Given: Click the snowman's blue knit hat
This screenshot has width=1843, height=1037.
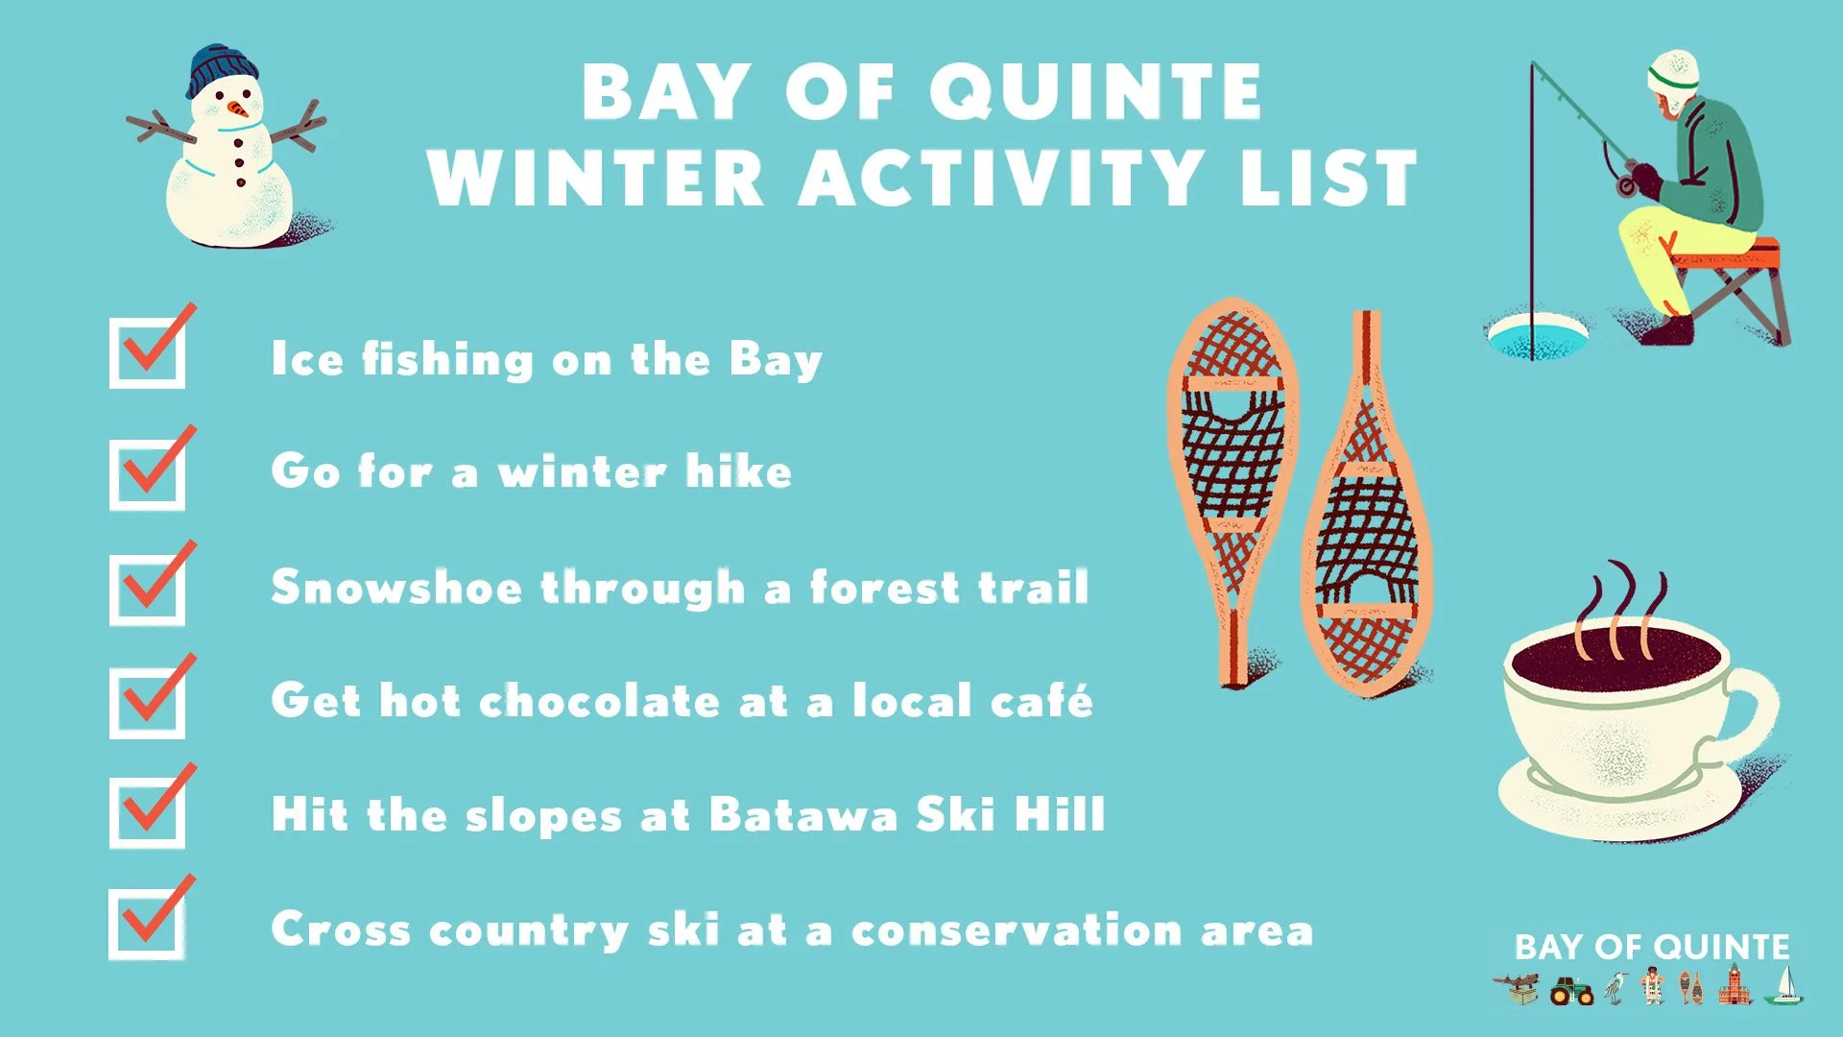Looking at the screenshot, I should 223,69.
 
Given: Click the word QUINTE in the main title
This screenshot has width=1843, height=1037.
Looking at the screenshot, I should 1094,92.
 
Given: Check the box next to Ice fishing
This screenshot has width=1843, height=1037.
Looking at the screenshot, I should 147,353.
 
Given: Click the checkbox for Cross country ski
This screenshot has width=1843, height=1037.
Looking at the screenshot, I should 146,924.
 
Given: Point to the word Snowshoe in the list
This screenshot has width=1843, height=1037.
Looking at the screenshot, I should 395,588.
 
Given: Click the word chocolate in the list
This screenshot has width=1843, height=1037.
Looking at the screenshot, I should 599,701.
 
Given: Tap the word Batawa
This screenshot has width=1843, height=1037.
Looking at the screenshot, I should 802,815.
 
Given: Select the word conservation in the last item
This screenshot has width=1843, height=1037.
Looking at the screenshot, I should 1016,930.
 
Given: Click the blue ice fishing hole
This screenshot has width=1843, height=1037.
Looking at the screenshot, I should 1537,337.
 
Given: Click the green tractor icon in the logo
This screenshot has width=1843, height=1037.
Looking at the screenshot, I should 1571,990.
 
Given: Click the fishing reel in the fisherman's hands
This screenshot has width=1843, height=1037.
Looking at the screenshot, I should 1626,183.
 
